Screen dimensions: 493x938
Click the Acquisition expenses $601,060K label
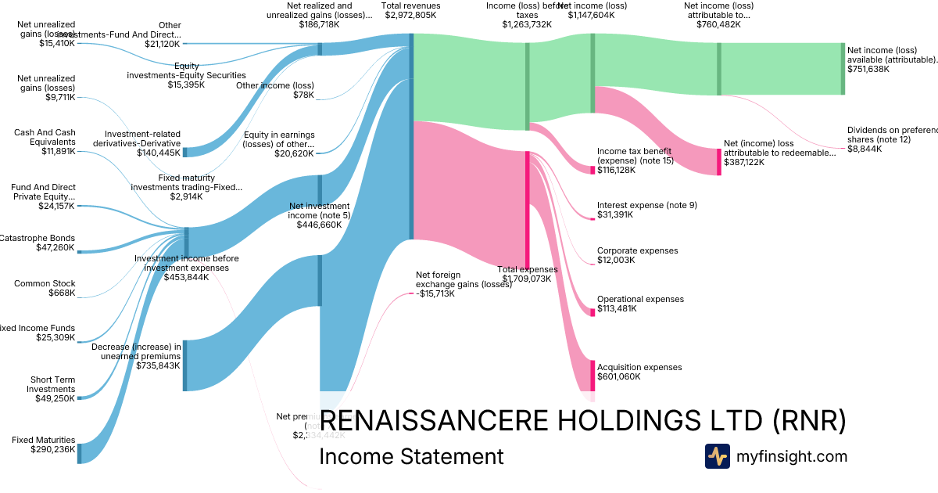pos(639,372)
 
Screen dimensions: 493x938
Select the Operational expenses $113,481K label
pos(639,304)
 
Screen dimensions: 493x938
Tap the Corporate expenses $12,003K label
pos(637,255)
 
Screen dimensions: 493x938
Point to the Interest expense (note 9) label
pos(646,210)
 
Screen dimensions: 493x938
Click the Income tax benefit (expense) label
pos(634,160)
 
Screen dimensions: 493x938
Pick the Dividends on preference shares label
pos(891,139)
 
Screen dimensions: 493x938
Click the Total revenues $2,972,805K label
pos(410,10)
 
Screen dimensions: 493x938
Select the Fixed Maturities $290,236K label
pos(44,444)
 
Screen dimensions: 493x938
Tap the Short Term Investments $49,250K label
pos(52,389)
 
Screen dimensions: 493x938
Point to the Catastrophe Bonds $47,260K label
pos(38,243)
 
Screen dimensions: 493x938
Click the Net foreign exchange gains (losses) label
pos(463,284)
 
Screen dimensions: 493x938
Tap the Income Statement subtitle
pos(411,457)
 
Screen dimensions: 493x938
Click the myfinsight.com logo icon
pos(717,456)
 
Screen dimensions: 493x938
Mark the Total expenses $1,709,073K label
pos(528,274)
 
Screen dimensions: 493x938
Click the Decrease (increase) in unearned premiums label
pos(137,355)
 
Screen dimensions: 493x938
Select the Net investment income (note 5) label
pos(318,215)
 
